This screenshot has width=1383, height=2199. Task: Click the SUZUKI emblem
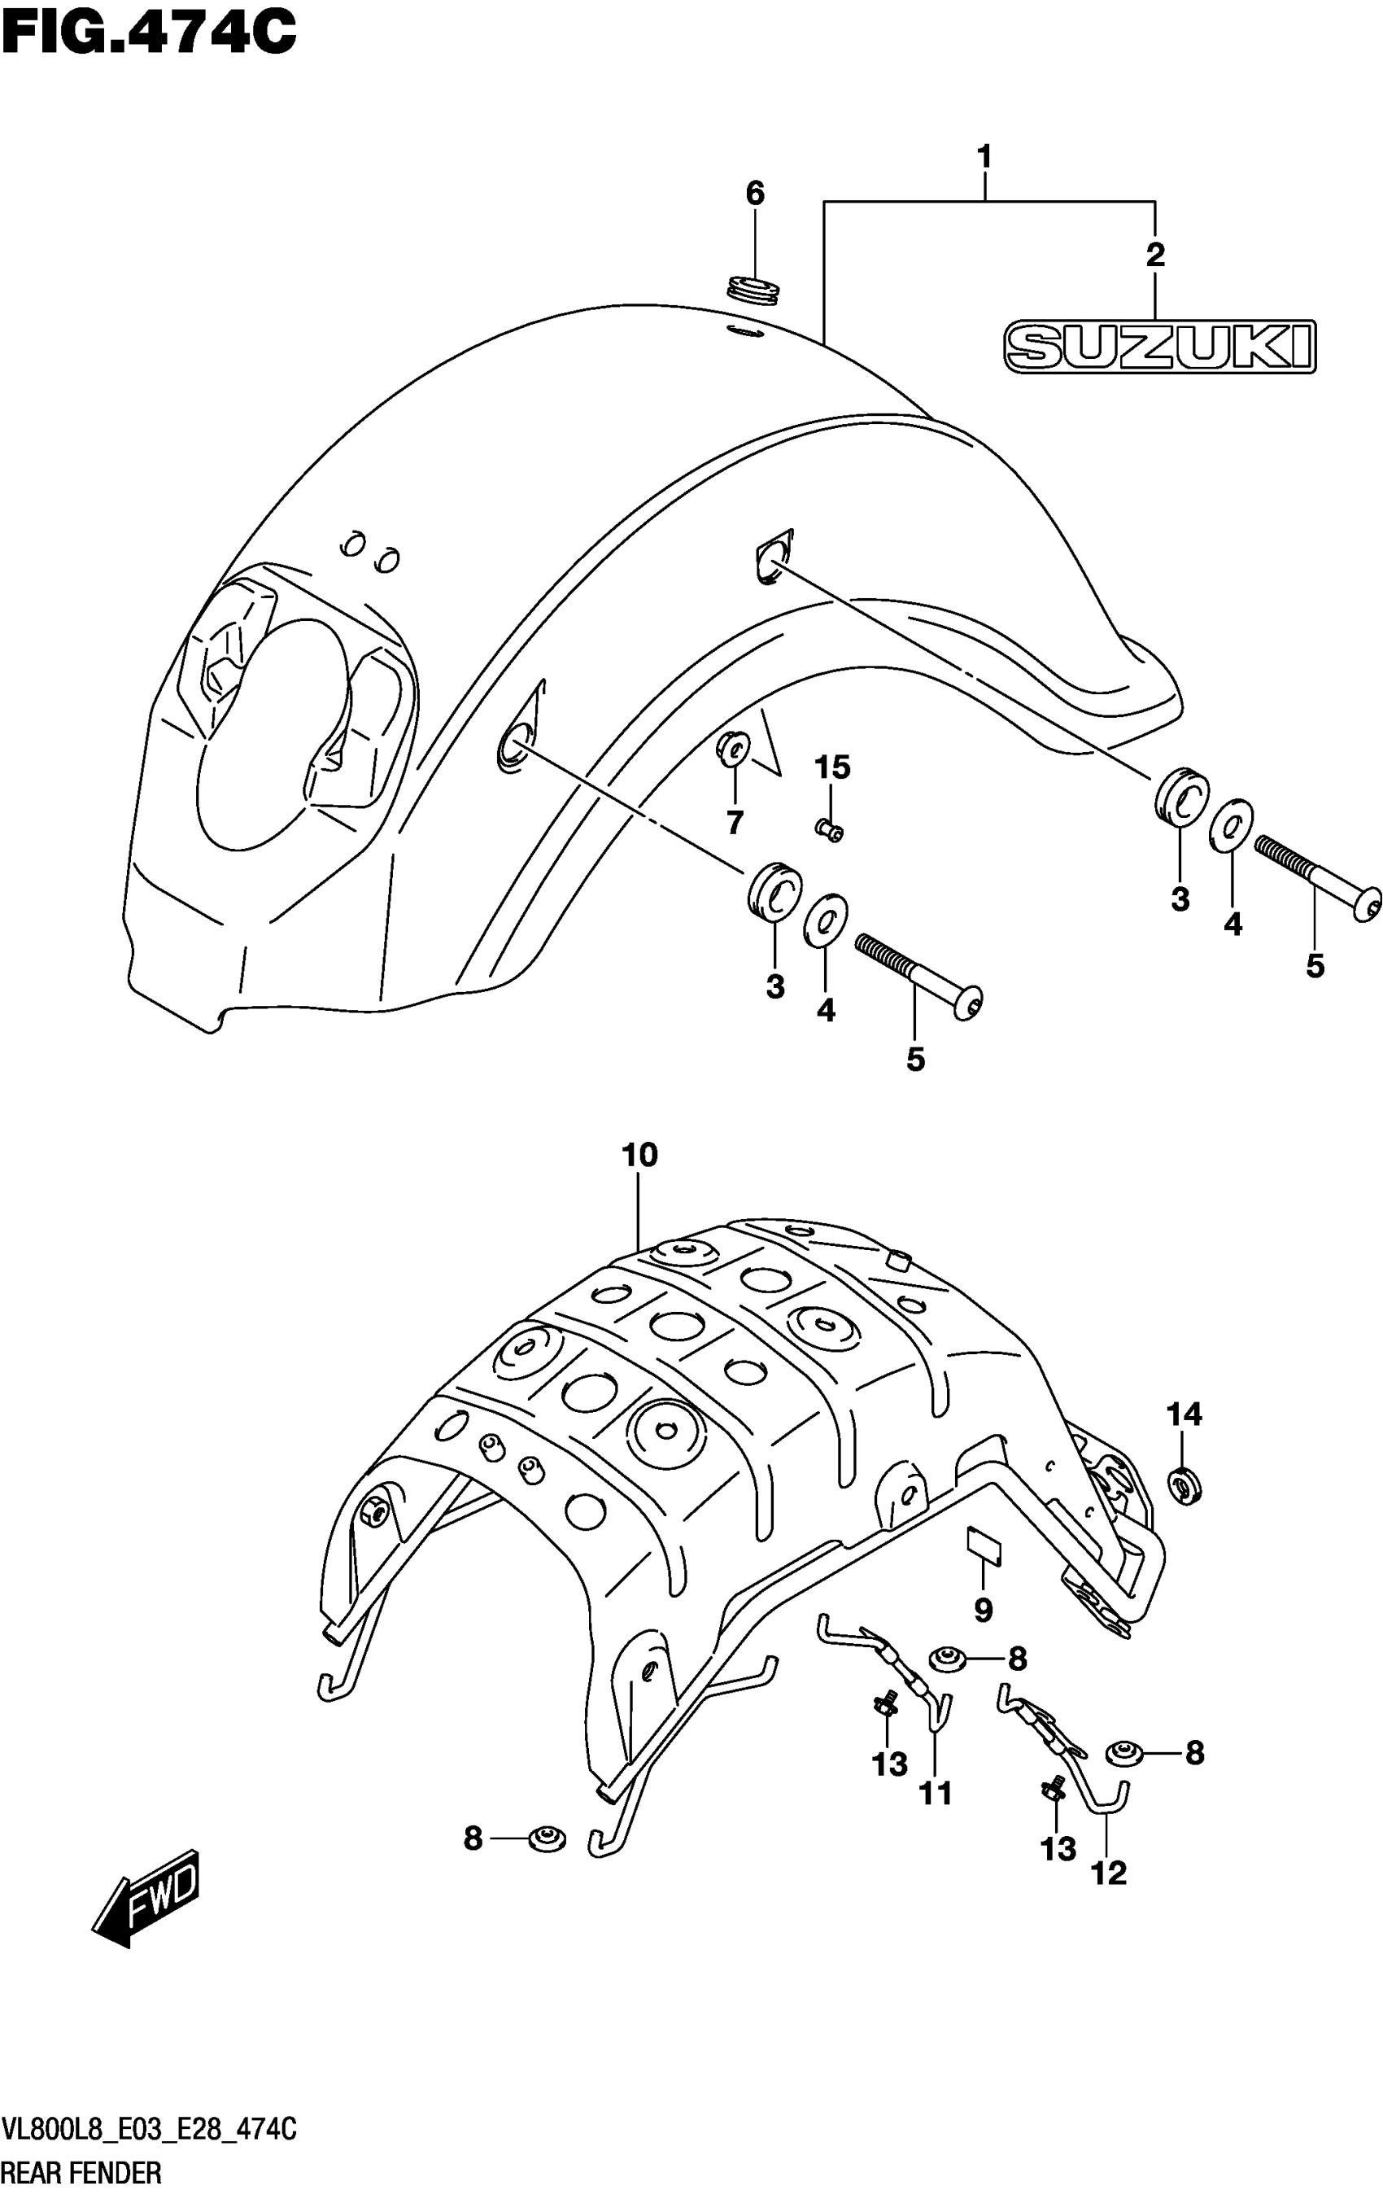click(x=1159, y=346)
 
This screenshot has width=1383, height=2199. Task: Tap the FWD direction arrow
click(x=147, y=1895)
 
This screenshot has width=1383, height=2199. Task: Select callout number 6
click(x=754, y=194)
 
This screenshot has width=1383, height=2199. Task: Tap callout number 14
click(x=1184, y=1414)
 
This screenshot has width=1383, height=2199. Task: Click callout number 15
click(x=831, y=767)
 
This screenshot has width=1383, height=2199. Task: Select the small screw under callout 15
click(x=830, y=829)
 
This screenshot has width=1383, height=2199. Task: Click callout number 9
click(x=982, y=1610)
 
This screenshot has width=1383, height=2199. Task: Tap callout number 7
click(x=735, y=823)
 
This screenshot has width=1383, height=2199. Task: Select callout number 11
click(x=936, y=1795)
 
